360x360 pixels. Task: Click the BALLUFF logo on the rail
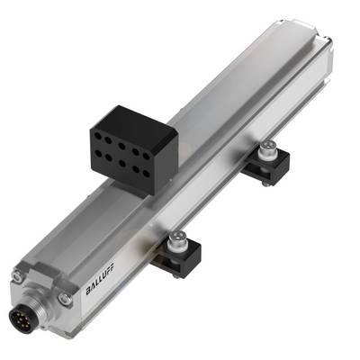pos(100,279)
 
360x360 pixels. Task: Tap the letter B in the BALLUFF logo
pos(88,291)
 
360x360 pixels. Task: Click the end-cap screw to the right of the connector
pos(65,299)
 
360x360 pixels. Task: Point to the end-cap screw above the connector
pos(17,276)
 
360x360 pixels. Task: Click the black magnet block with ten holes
pos(134,149)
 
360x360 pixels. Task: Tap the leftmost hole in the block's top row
pos(98,136)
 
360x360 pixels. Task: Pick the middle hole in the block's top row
pos(121,146)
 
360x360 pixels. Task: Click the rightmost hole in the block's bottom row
pos(146,174)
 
